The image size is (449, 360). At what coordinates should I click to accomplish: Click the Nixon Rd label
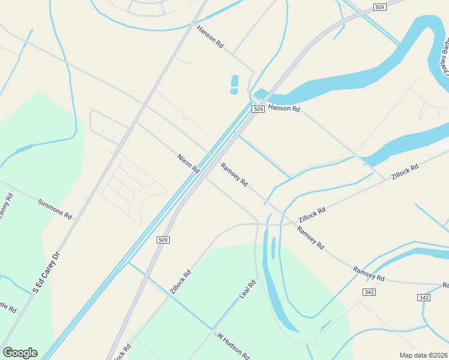tap(188, 164)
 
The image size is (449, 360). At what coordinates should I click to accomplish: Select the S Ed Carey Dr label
tap(47, 272)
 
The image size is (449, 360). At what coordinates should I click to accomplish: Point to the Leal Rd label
tap(248, 289)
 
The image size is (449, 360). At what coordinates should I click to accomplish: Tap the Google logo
tap(20, 353)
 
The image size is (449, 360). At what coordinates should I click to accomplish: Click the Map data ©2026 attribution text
tap(424, 355)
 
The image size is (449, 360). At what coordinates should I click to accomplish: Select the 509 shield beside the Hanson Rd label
tap(258, 109)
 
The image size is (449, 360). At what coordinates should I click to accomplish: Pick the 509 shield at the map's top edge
tap(379, 7)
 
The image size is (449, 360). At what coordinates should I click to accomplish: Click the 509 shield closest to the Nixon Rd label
tap(163, 240)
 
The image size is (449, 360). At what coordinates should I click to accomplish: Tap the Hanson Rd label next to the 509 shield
tap(283, 108)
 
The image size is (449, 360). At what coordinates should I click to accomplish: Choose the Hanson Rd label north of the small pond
tap(210, 37)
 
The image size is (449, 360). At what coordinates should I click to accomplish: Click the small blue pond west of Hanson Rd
tap(234, 85)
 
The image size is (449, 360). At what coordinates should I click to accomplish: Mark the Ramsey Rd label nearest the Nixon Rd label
tap(234, 175)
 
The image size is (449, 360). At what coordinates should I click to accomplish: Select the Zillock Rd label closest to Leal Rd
tap(181, 281)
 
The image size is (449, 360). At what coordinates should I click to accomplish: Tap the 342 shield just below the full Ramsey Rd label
tap(369, 292)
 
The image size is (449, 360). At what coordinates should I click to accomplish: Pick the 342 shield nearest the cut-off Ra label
tap(424, 298)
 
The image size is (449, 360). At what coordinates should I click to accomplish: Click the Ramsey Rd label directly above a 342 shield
tap(369, 274)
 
